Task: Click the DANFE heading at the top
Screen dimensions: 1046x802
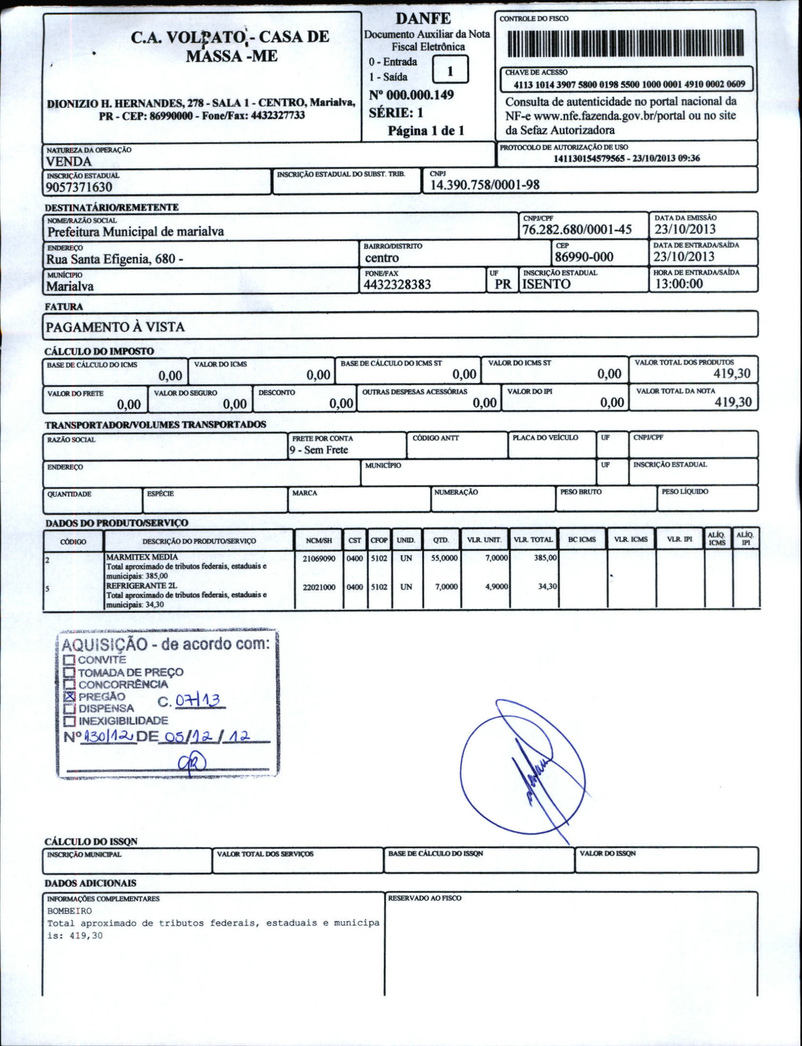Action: pyautogui.click(x=423, y=19)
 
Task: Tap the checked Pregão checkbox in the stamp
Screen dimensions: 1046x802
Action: pyautogui.click(x=70, y=696)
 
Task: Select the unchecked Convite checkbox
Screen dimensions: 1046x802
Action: pyautogui.click(x=70, y=660)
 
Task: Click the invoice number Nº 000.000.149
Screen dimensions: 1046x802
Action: pyautogui.click(x=411, y=95)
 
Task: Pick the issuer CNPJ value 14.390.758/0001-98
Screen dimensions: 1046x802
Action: pyautogui.click(x=484, y=185)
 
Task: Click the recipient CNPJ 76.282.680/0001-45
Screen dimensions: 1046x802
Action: pyautogui.click(x=576, y=229)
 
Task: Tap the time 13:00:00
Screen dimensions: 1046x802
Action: pyautogui.click(x=679, y=284)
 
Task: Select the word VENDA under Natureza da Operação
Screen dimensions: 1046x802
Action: pyautogui.click(x=69, y=162)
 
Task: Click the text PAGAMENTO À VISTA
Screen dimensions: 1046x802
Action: pyautogui.click(x=115, y=327)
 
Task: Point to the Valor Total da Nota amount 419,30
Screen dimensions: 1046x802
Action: pyautogui.click(x=733, y=402)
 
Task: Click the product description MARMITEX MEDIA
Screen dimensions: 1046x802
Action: pyautogui.click(x=142, y=557)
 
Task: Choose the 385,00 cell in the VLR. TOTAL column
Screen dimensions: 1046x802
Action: pyautogui.click(x=545, y=558)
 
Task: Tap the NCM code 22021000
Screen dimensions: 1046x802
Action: pyautogui.click(x=319, y=587)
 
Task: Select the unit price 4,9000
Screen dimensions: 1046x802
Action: pyautogui.click(x=496, y=587)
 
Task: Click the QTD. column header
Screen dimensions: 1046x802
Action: pyautogui.click(x=441, y=540)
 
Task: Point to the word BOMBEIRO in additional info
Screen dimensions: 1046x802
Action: pyautogui.click(x=69, y=911)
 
